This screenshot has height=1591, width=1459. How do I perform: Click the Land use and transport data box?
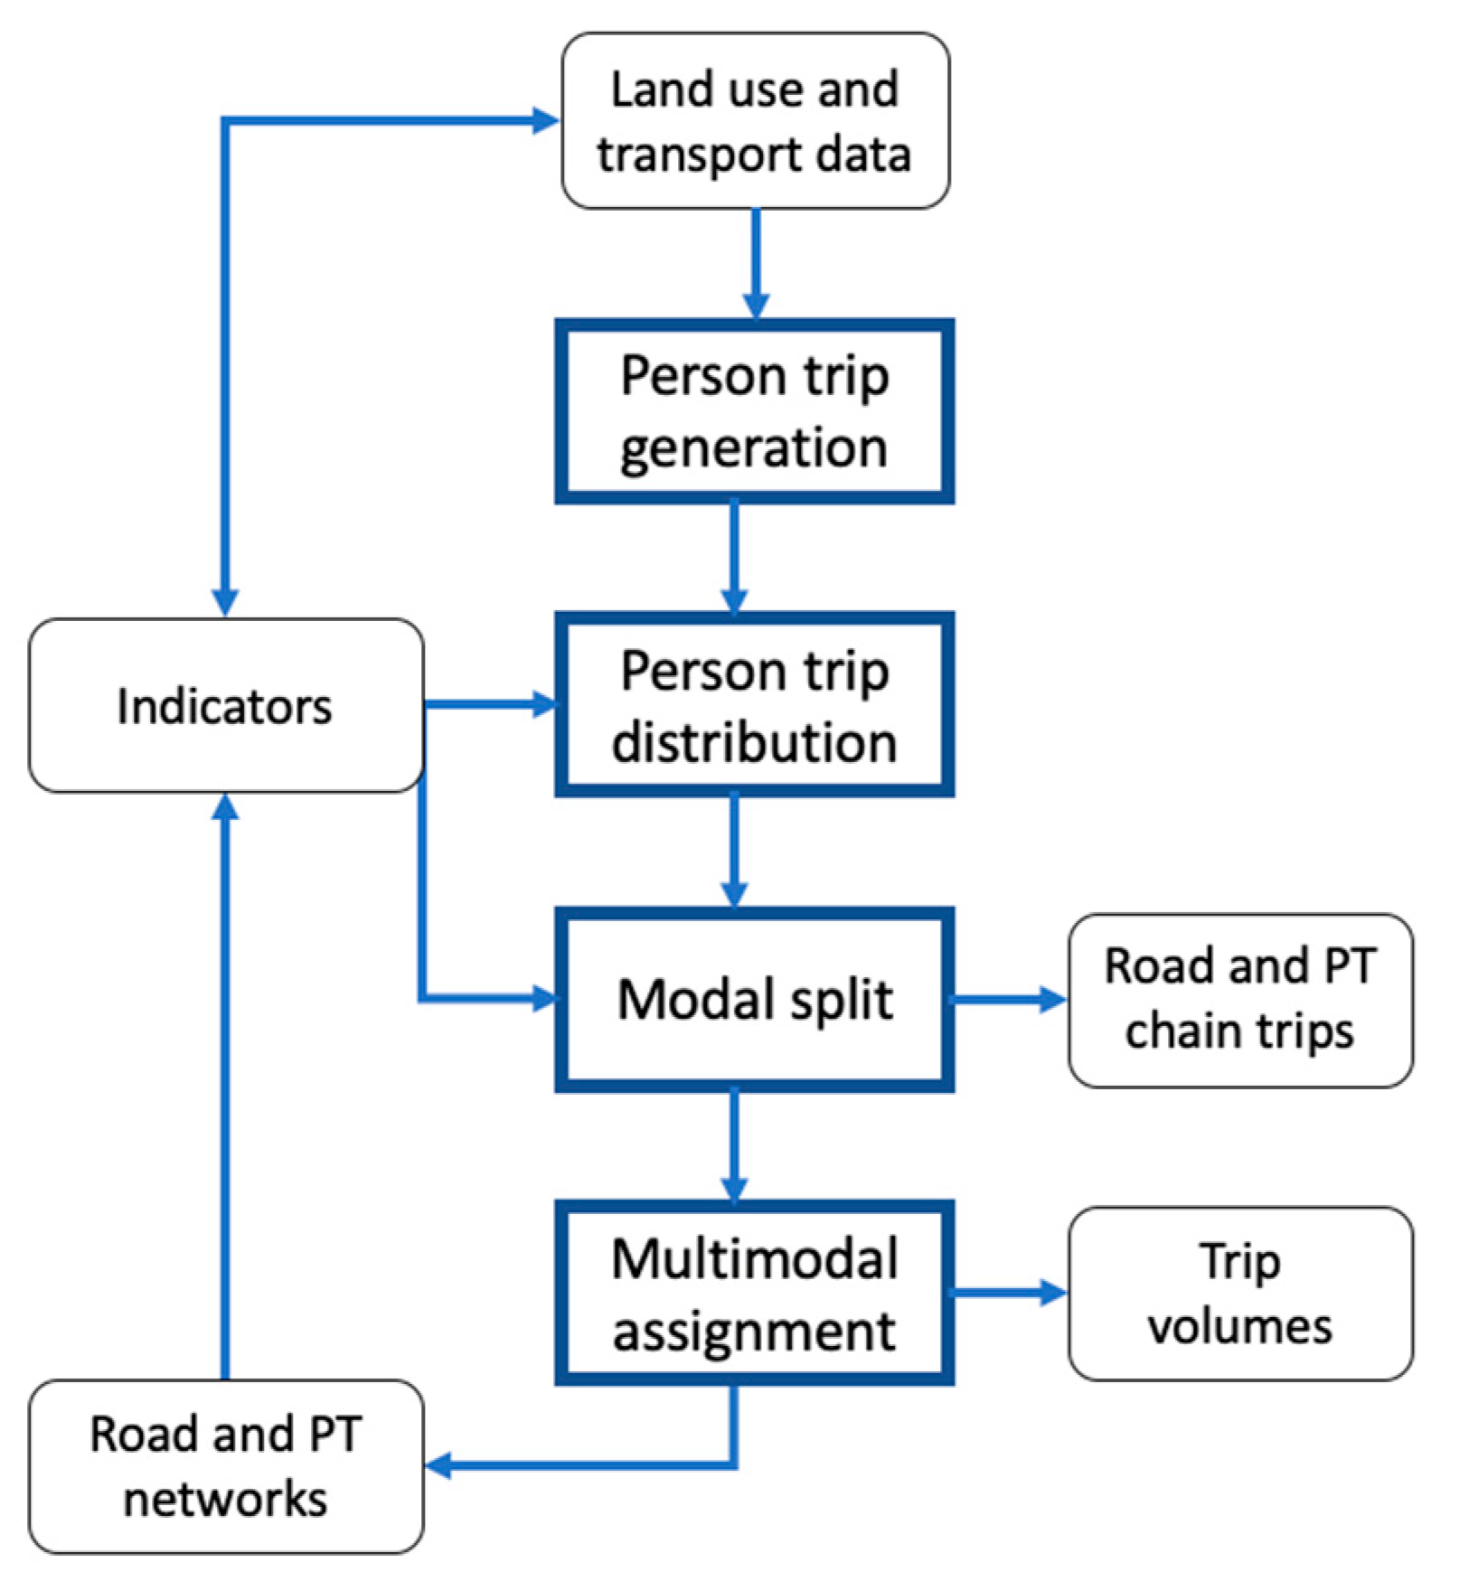click(755, 121)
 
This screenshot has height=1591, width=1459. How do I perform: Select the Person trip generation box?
click(755, 411)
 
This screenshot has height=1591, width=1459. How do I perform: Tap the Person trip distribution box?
click(755, 705)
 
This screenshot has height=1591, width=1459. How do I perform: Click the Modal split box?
click(755, 999)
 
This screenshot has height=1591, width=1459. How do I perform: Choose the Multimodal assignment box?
click(755, 1293)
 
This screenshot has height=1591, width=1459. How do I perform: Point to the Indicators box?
click(225, 706)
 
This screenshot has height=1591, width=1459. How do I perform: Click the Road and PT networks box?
click(225, 1466)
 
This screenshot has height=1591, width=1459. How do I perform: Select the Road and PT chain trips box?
click(1240, 1000)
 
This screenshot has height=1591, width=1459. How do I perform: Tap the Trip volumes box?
click(1240, 1293)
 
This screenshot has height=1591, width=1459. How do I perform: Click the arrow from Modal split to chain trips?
click(1008, 1000)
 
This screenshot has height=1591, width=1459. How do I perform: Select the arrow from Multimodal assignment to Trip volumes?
click(1008, 1293)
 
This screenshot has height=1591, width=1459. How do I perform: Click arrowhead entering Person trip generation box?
click(756, 306)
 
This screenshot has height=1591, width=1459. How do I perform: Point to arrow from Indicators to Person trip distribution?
click(488, 704)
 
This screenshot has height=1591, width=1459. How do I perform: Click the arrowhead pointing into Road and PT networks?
click(439, 1465)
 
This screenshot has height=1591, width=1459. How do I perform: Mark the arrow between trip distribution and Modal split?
click(734, 850)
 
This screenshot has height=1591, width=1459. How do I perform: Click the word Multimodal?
click(755, 1258)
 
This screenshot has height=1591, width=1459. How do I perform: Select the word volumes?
click(1240, 1327)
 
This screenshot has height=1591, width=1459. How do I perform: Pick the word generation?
click(755, 447)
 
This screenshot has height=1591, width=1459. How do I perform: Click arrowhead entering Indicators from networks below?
click(225, 807)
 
